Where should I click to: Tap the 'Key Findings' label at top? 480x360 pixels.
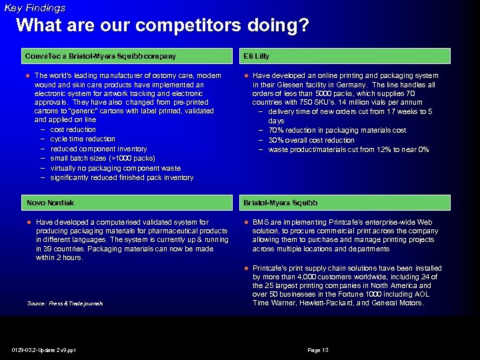[x=35, y=8]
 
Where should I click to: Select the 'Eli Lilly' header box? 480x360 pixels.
[x=345, y=56]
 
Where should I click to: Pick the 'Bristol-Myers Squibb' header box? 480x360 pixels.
[x=345, y=203]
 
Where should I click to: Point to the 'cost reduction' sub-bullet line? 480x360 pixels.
[x=73, y=129]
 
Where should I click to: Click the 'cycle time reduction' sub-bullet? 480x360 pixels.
[x=82, y=139]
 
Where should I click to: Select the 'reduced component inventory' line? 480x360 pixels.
[x=98, y=149]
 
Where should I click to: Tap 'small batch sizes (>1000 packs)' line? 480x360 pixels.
[x=102, y=158]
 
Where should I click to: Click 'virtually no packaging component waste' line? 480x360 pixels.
[x=115, y=168]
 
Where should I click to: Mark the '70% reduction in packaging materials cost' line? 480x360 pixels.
[x=337, y=131]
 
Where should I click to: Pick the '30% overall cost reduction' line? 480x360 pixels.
[x=311, y=140]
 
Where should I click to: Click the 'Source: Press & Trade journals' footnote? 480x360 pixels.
[x=65, y=303]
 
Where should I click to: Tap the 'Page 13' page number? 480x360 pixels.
[x=317, y=350]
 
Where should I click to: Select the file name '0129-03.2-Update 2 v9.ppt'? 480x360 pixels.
[x=43, y=350]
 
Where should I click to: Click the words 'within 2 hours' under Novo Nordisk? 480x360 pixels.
[x=59, y=257]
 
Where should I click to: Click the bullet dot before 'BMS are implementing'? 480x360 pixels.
[x=245, y=222]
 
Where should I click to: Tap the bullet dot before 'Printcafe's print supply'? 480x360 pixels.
[x=245, y=267]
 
